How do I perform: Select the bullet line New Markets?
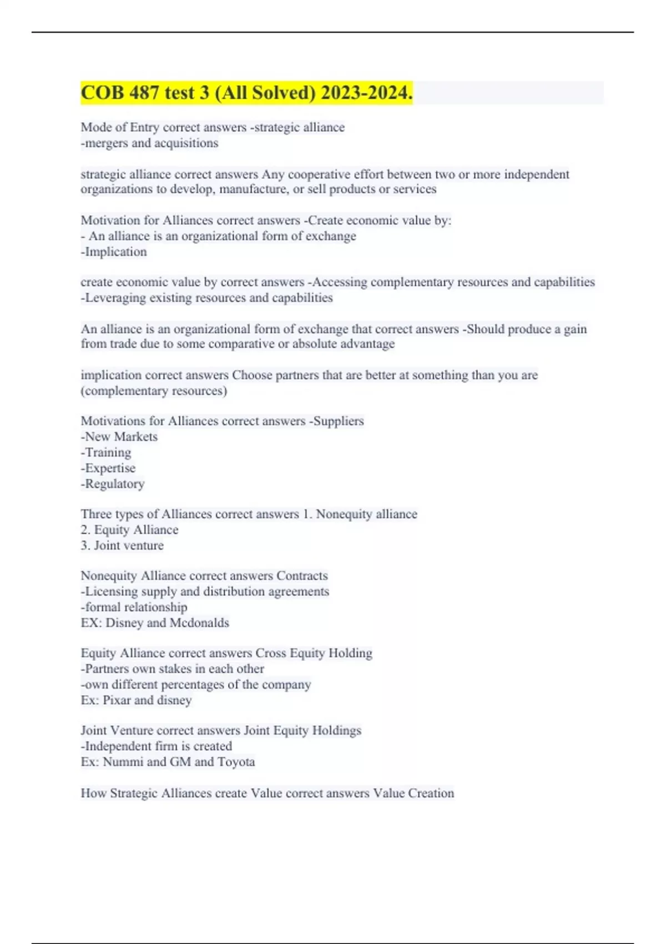[x=120, y=437]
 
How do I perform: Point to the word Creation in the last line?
[x=431, y=794]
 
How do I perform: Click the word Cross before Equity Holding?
[x=269, y=653]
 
